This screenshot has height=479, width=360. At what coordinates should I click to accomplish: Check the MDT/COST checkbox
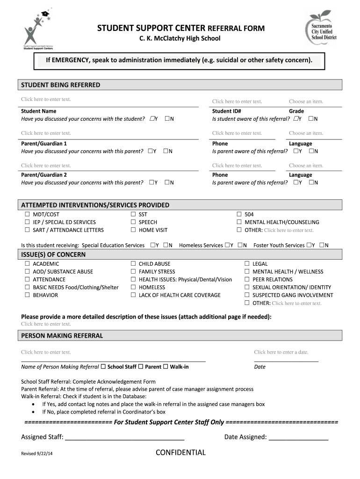coord(27,214)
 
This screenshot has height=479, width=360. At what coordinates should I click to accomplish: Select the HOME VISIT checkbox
coord(133,230)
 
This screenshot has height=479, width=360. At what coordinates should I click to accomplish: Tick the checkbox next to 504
coord(239,214)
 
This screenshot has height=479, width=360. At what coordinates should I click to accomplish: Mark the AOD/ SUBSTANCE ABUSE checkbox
coord(27,271)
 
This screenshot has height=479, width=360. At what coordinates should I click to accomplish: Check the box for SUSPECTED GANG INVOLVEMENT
coord(247,295)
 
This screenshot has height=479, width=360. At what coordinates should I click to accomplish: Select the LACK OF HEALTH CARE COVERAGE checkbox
coord(133,295)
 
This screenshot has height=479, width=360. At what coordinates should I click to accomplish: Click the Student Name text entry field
coord(46,99)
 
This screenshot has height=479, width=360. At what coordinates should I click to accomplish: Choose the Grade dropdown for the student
coord(306,102)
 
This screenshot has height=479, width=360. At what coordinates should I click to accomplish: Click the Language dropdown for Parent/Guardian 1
coord(306,133)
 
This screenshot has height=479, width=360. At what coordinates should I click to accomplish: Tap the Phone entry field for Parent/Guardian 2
coord(237,166)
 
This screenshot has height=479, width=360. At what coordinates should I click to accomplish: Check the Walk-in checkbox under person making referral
coord(166,367)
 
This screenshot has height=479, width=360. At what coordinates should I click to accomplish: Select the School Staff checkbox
coord(103,367)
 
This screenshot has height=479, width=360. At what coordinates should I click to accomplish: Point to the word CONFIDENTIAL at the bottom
coord(180,452)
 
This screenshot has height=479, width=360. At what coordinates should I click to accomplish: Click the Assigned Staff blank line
coord(124,438)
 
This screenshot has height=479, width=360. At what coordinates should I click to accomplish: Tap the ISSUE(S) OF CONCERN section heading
coord(53,255)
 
